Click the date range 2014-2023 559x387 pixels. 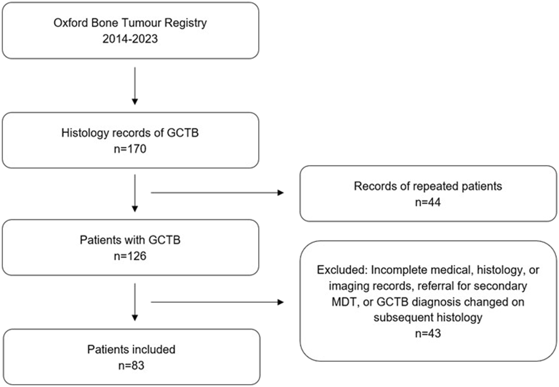(130, 39)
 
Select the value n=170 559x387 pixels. (130, 149)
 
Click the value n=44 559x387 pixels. (428, 202)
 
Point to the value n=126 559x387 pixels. (130, 256)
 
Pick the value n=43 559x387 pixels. (428, 333)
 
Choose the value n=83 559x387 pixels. (131, 366)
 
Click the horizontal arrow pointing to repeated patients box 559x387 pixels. (217, 193)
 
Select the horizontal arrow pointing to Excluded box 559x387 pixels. (217, 302)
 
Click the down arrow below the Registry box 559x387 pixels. (135, 86)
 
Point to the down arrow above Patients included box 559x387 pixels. (135, 302)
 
